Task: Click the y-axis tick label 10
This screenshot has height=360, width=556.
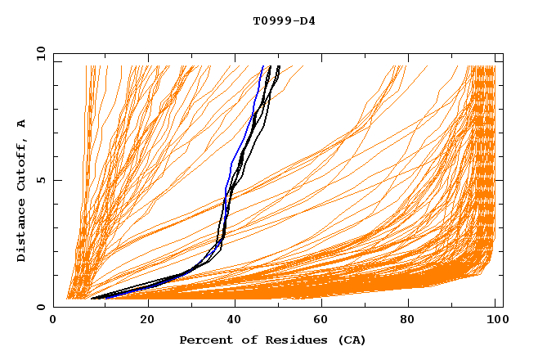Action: point(39,53)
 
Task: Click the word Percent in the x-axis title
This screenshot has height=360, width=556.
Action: point(205,340)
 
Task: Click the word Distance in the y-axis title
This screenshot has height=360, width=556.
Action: point(21,232)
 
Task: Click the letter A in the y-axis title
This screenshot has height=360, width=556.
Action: point(21,124)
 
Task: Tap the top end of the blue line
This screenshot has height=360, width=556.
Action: point(262,66)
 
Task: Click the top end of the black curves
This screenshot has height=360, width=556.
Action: point(279,66)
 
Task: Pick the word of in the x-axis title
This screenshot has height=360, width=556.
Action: point(245,340)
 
